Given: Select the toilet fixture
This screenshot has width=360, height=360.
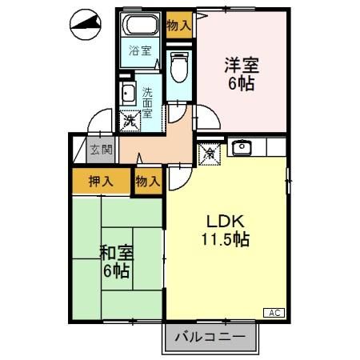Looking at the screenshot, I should (x=179, y=66).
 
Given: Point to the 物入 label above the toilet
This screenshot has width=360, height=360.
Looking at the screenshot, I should (x=179, y=26).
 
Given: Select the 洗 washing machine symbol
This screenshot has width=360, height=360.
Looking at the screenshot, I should (x=129, y=122).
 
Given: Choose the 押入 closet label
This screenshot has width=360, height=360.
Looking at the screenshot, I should (x=100, y=181).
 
